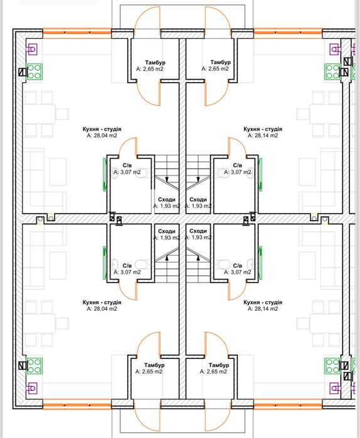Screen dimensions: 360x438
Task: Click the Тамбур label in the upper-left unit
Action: [x=155, y=63]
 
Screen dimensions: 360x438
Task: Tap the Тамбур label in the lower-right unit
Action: [x=219, y=365]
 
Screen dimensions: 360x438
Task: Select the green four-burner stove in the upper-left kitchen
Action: [x=34, y=72]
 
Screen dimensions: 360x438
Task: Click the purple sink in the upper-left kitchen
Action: [x=31, y=50]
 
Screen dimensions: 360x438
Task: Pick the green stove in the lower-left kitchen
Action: [x=34, y=366]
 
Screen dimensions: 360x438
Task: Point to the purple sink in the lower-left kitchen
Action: [x=31, y=388]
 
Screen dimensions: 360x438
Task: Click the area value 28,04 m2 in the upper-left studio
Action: [x=102, y=135]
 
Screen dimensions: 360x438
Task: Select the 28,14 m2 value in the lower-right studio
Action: [x=263, y=309]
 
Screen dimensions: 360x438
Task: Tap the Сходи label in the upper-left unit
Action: [x=167, y=199]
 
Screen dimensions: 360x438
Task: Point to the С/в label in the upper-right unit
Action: [x=238, y=165]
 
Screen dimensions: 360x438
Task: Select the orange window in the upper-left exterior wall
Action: [x=77, y=33]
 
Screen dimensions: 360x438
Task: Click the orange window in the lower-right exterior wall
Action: [x=288, y=404]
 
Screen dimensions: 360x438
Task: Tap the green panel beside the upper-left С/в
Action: [x=105, y=175]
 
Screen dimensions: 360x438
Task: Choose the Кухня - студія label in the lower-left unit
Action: [x=102, y=302]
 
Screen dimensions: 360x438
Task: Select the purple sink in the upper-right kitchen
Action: [x=335, y=50]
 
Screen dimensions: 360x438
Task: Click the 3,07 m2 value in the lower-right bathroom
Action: [x=238, y=272]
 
